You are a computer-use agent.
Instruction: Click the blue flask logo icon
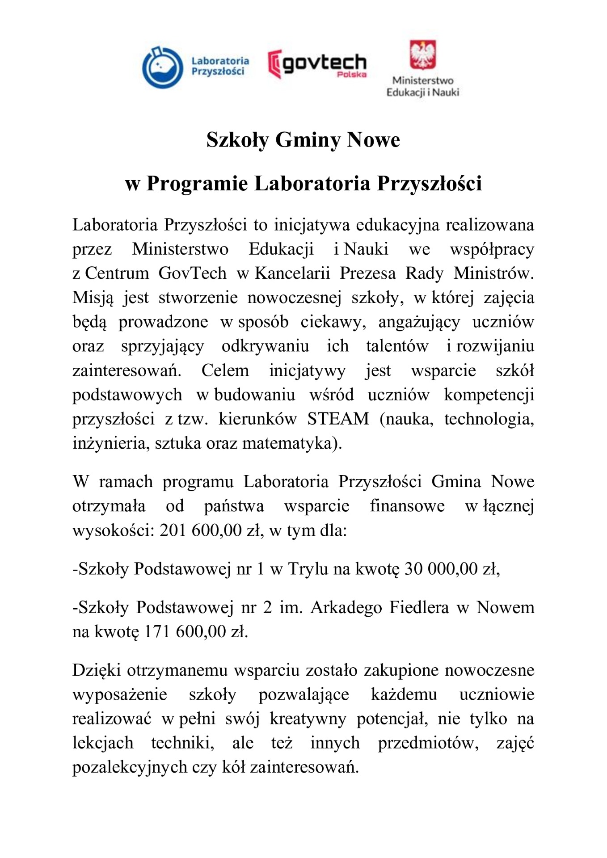pos(162,67)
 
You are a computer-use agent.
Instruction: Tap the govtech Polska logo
pos(317,64)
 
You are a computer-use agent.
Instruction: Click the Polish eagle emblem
pos(422,55)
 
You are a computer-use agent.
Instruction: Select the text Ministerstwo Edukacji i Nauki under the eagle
pos(422,87)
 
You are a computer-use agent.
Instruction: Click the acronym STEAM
pos(338,419)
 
